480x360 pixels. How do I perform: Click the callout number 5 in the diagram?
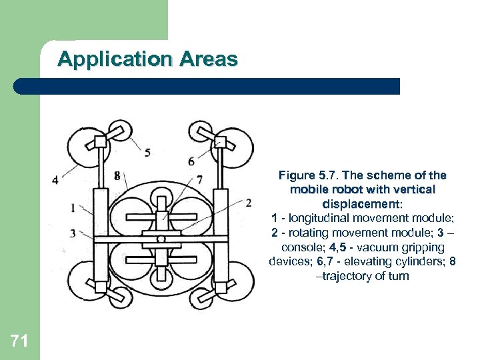(147, 152)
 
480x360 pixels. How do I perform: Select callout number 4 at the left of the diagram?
(55, 179)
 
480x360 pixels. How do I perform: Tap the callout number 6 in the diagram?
(191, 161)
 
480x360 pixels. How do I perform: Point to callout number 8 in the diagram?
(117, 176)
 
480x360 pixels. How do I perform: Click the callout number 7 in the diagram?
(200, 179)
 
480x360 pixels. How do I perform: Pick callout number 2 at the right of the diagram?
(248, 202)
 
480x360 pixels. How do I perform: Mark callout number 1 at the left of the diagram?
(72, 208)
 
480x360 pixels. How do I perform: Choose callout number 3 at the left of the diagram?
(72, 233)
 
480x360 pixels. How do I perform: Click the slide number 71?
(19, 342)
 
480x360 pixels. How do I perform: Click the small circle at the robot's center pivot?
(161, 239)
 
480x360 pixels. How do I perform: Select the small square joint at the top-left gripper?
(101, 141)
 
